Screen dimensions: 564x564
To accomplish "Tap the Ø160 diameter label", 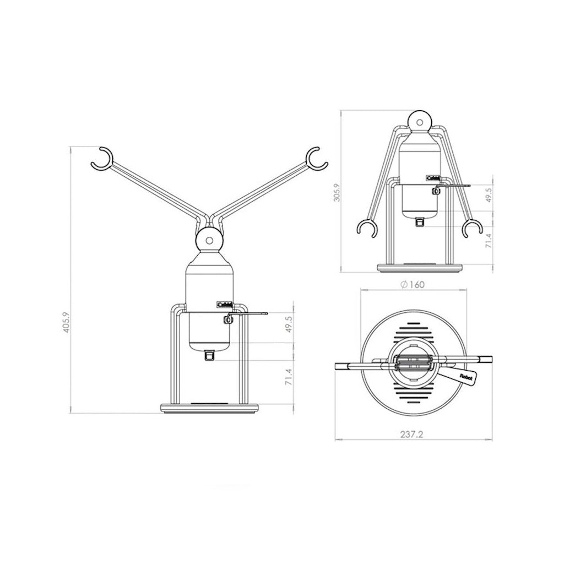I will pos(413,284).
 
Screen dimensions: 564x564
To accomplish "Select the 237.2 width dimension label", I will pos(413,433).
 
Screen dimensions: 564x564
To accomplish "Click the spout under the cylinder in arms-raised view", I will pos(209,356).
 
